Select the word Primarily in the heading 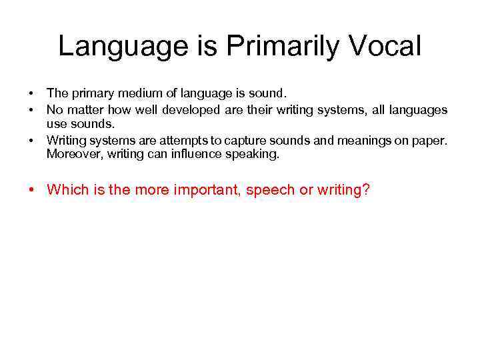[x=274, y=47]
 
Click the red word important [x=206, y=190]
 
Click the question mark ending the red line [x=366, y=190]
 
